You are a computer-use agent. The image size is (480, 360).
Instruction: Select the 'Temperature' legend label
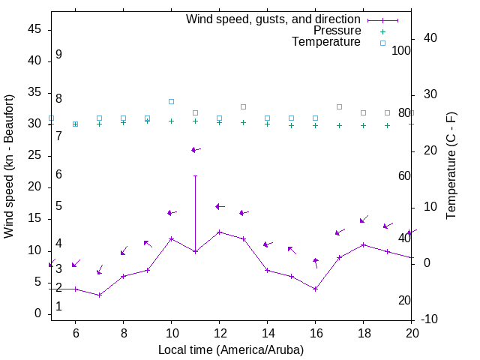(x=326, y=42)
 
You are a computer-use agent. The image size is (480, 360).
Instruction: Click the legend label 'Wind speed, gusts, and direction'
(x=273, y=19)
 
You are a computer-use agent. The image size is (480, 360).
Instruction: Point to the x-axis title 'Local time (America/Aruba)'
(x=231, y=349)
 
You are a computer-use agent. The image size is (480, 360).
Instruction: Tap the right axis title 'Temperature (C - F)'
(x=451, y=166)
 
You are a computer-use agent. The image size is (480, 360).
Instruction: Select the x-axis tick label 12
(x=219, y=332)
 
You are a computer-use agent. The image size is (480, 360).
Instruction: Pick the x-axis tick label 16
(x=315, y=332)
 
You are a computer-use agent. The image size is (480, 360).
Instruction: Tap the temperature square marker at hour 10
(x=171, y=101)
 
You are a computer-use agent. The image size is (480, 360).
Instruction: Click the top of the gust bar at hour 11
(x=195, y=175)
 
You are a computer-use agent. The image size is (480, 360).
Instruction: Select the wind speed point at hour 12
(x=219, y=232)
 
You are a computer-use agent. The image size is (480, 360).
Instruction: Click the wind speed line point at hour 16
(x=315, y=289)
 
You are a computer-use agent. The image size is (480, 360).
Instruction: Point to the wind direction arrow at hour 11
(x=195, y=150)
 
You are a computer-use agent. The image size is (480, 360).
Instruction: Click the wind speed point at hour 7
(x=99, y=295)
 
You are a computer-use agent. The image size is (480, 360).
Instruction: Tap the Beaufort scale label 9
(x=58, y=55)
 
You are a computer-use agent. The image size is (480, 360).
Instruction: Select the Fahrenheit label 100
(x=402, y=50)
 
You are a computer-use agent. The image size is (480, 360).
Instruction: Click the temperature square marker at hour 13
(x=243, y=107)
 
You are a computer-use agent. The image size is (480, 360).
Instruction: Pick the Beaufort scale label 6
(x=58, y=174)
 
